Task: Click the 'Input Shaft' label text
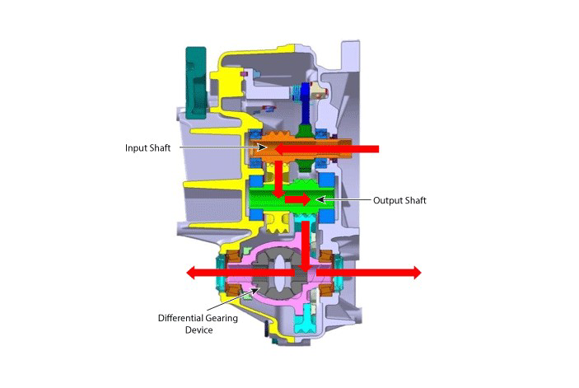(x=147, y=148)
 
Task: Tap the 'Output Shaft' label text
(x=399, y=200)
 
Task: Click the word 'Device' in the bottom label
(x=198, y=330)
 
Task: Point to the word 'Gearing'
(x=224, y=318)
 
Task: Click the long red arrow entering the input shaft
(x=327, y=149)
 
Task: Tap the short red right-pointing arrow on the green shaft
(x=297, y=199)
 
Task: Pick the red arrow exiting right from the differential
(x=368, y=273)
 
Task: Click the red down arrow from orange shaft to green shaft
(x=278, y=179)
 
